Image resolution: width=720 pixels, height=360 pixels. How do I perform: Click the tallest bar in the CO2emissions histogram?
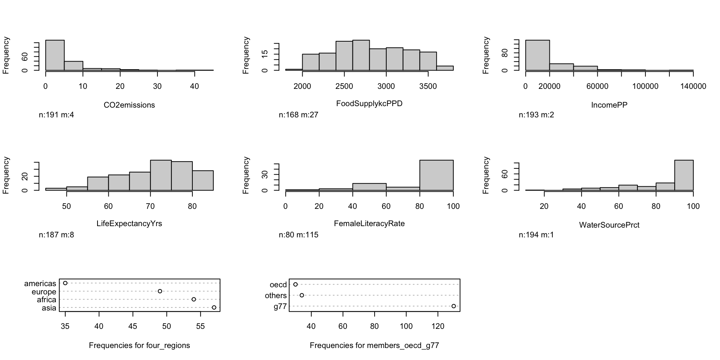55,55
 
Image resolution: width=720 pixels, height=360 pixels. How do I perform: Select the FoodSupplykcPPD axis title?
369,103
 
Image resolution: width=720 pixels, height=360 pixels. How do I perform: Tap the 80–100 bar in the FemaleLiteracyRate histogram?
436,175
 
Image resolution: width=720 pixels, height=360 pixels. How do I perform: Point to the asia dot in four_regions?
214,307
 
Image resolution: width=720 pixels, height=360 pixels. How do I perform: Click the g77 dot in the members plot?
454,306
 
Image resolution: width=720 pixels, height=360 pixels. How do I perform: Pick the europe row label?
44,292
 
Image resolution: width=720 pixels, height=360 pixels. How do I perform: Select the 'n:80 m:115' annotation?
298,235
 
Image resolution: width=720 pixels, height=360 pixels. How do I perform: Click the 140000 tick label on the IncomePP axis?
693,87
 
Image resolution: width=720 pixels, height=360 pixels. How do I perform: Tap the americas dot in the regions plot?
65,283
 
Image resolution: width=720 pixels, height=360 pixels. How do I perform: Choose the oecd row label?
278,285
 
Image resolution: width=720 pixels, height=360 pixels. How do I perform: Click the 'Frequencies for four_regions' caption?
139,345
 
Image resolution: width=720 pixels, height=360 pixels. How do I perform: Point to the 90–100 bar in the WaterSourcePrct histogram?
684,175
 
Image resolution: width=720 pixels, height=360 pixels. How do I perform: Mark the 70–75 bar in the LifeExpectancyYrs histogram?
161,175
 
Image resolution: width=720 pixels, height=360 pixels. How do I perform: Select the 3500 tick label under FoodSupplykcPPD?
428,87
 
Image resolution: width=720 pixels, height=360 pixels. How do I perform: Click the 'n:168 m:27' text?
298,115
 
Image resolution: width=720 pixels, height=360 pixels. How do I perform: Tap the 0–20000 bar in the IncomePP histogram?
537,55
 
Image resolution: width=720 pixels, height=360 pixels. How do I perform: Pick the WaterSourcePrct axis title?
609,225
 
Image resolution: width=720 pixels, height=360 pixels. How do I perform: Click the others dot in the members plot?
302,295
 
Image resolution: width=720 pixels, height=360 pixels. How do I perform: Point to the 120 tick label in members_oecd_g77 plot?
438,326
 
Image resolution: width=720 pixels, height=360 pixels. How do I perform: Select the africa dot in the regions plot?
194,299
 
